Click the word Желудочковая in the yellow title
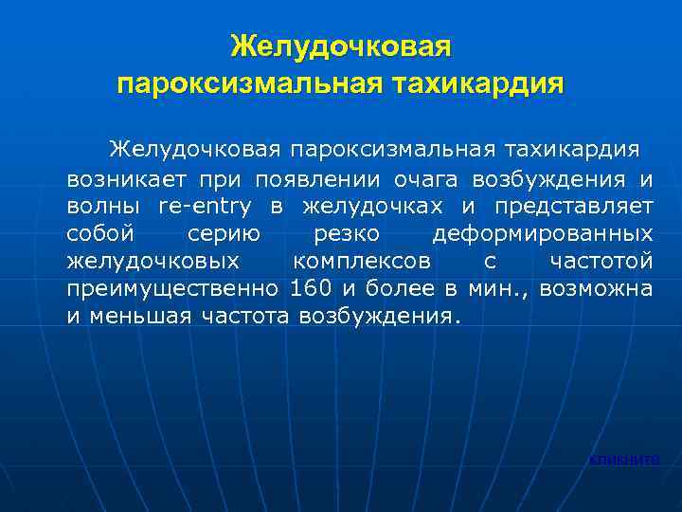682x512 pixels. click(x=340, y=46)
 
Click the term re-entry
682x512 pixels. click(x=206, y=206)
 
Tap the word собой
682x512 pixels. click(x=100, y=233)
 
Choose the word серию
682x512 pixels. click(x=220, y=233)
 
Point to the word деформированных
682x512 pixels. click(x=542, y=233)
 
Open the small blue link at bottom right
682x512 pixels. click(x=623, y=460)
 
